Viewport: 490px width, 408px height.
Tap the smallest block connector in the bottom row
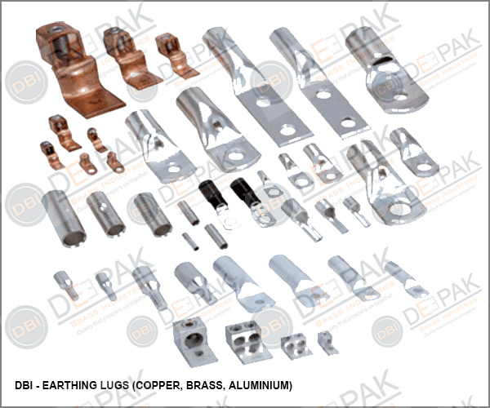(327, 344)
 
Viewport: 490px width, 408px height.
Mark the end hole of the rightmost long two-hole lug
(348, 123)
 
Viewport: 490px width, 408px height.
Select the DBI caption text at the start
(26, 384)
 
